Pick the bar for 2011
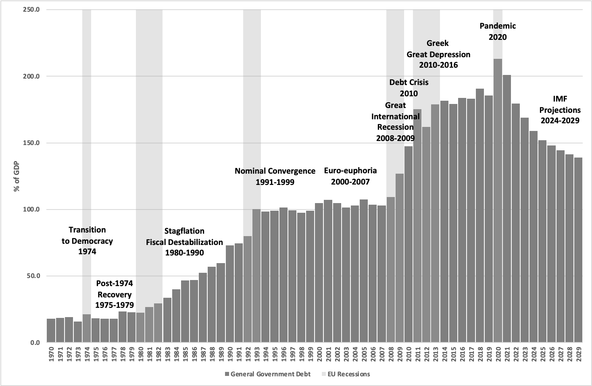click(417, 226)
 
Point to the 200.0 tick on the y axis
click(31, 76)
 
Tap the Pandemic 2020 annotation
click(498, 31)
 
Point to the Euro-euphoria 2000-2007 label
click(350, 176)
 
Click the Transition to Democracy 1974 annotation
click(87, 241)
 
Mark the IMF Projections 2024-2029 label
click(560, 110)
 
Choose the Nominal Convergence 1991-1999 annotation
click(275, 176)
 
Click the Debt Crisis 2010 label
click(409, 87)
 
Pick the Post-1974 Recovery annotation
click(115, 294)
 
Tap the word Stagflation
click(184, 231)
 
